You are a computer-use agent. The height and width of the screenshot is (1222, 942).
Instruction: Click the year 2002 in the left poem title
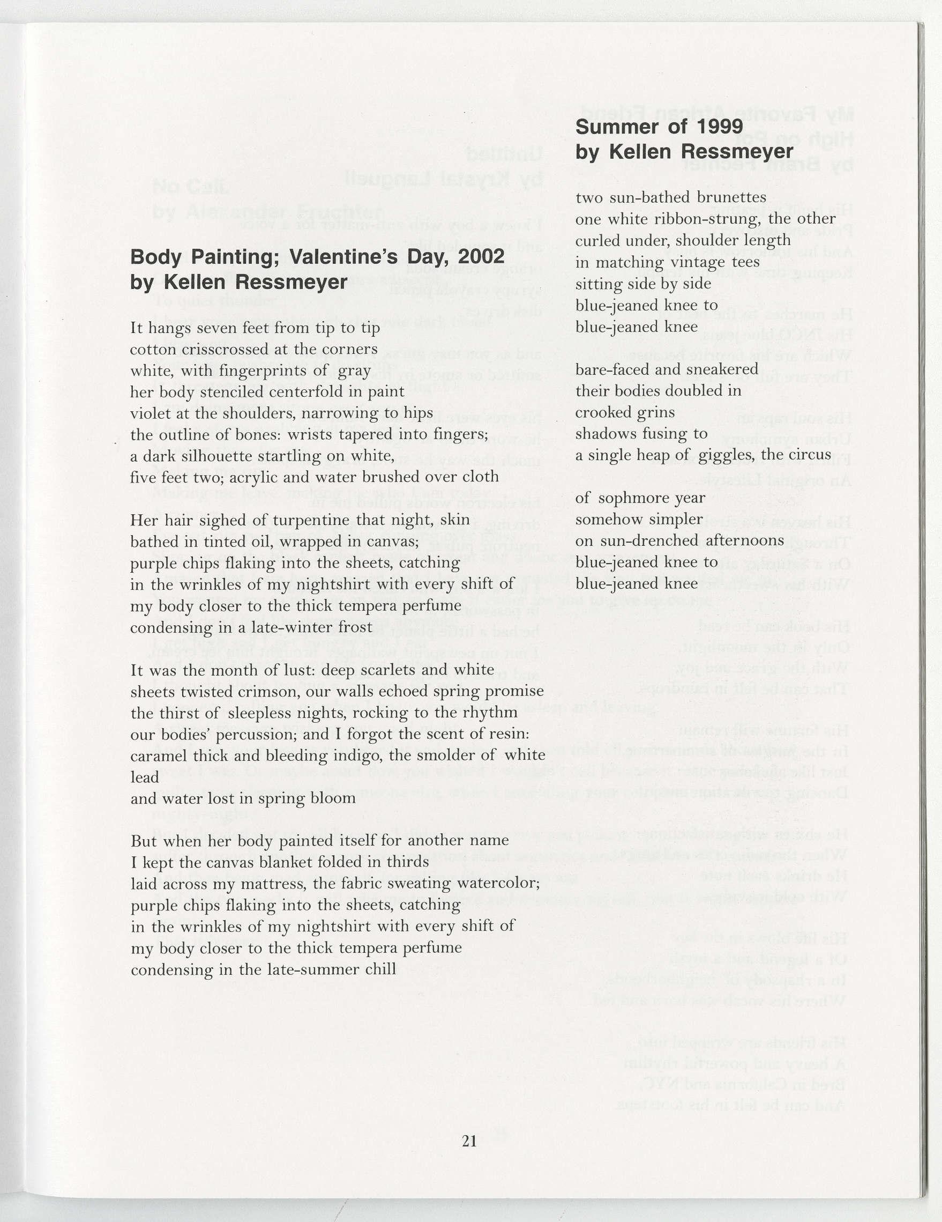(481, 257)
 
